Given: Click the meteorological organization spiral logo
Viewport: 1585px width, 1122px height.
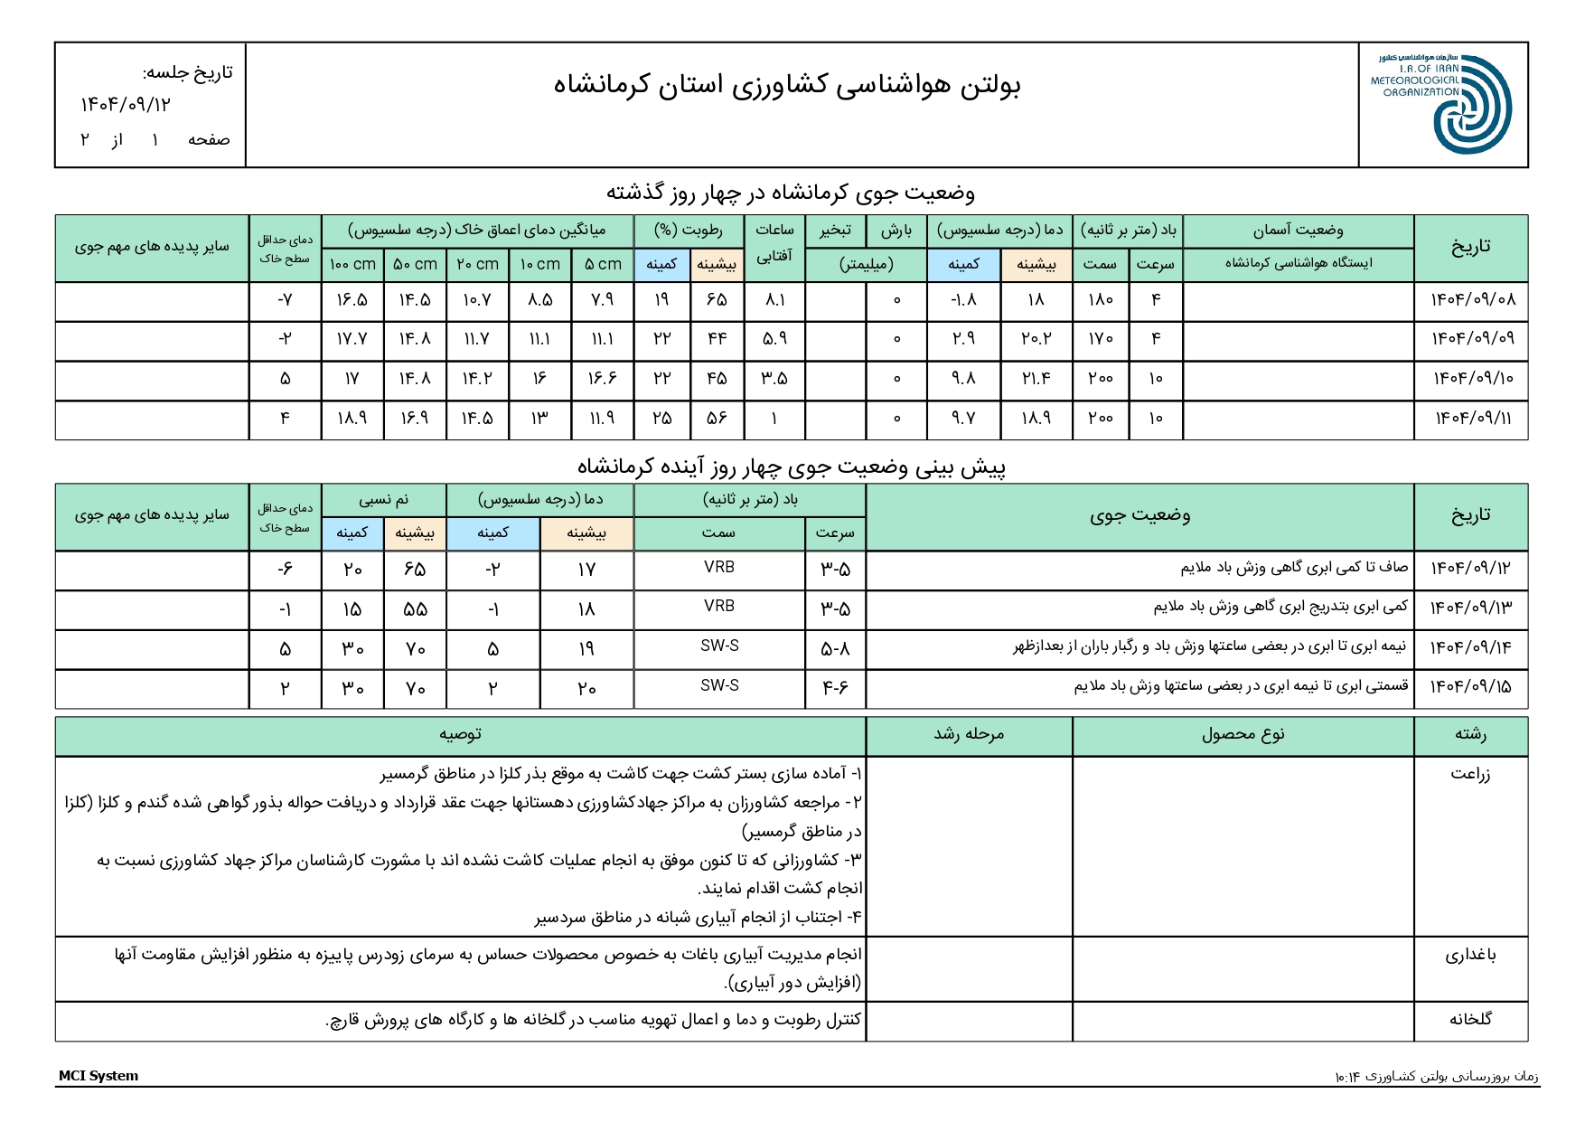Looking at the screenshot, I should pos(1471,105).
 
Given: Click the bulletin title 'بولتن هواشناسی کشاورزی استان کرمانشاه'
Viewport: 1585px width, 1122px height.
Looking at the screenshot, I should pos(787,85).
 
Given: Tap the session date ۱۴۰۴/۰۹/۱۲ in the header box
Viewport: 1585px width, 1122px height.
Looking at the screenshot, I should pos(126,105).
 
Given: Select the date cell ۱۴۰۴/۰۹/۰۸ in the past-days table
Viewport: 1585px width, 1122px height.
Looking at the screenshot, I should pos(1472,300).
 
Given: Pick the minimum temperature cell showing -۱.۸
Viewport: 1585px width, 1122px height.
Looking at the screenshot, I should pos(963,300).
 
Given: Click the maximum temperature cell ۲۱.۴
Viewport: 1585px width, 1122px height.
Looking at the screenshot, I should pos(1036,379).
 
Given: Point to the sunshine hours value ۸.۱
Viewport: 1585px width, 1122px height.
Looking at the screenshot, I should pos(774,300).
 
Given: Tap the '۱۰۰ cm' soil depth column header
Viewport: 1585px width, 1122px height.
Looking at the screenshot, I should pos(352,264).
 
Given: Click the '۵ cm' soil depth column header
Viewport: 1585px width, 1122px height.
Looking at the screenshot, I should pos(603,264).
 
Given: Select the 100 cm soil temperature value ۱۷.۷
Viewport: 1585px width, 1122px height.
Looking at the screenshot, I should pos(352,339).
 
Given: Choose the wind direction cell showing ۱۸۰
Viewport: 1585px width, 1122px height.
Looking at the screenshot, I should pos(1100,300).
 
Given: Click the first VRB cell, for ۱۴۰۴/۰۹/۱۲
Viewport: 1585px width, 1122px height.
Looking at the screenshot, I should pos(719,568).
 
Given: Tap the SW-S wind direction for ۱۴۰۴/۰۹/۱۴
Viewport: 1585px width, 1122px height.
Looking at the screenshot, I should pos(719,646).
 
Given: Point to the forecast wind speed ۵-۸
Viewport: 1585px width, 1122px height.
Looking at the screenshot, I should pos(835,649).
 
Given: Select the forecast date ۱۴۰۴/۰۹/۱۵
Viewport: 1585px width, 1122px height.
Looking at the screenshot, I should pos(1470,687).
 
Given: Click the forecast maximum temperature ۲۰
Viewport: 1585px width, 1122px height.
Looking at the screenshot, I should pos(586,689).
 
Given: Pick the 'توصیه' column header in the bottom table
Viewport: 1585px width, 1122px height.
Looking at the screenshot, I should pos(460,735).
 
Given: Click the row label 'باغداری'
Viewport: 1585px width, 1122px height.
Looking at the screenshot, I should pos(1470,955).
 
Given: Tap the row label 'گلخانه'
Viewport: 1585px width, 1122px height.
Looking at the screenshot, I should pos(1470,1020).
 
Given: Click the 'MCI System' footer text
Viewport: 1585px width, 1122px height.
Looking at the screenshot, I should pos(98,1076).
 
